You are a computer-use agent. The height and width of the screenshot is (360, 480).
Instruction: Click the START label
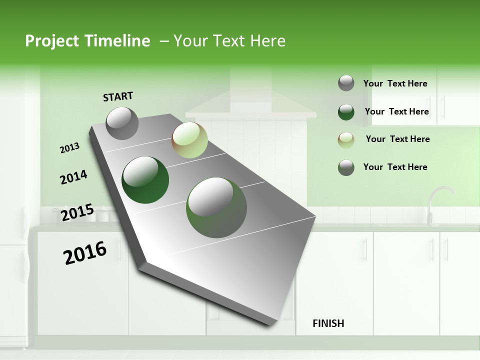(118, 96)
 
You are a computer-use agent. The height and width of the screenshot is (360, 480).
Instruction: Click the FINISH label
(328, 323)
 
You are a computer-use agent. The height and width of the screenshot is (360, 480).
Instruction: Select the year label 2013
(69, 148)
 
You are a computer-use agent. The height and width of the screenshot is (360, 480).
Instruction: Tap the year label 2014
(73, 177)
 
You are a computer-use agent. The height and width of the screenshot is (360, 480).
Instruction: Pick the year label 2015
(77, 213)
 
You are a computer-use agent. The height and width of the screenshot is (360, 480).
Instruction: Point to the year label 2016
(85, 252)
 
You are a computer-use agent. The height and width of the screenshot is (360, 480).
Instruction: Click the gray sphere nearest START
(122, 123)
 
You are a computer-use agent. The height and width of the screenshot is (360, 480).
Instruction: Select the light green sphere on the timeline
(189, 140)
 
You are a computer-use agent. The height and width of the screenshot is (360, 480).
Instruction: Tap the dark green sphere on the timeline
(145, 180)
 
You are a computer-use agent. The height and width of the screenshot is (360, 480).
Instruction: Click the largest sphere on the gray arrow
(216, 207)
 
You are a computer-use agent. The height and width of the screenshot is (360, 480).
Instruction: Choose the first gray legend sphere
(346, 83)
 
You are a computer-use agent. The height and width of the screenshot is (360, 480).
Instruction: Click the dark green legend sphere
(346, 112)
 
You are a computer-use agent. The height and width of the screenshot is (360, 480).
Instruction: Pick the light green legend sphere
(346, 140)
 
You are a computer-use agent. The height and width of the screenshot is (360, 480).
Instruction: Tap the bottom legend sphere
(346, 167)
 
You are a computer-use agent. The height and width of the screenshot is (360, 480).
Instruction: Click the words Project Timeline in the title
(87, 41)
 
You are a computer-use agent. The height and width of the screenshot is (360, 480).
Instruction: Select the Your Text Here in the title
(229, 41)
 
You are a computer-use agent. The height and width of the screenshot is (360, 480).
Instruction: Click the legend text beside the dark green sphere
(396, 111)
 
